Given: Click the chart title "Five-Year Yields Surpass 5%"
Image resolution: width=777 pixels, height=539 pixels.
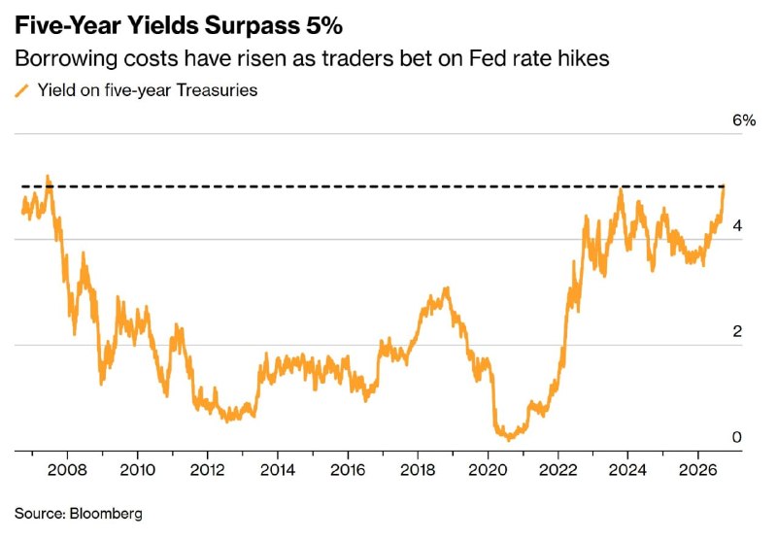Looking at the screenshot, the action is point(179,26).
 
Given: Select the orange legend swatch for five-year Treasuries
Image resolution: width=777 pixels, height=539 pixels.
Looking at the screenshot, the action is point(21,91).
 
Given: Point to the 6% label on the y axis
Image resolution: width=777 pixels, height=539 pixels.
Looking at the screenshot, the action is point(744,120).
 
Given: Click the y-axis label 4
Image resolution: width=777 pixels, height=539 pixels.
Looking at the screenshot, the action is point(737,226).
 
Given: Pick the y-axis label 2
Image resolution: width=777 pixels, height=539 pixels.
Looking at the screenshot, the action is point(737,331).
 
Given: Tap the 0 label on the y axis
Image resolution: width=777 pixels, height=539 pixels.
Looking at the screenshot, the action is point(737,437).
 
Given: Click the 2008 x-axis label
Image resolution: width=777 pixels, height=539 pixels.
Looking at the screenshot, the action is point(67,470).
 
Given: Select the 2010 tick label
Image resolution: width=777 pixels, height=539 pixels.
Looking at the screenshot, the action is point(137,470).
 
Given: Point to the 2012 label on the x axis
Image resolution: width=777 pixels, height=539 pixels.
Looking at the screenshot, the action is point(207,470).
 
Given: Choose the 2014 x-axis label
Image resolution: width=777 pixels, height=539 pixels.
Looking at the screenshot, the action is point(278,470).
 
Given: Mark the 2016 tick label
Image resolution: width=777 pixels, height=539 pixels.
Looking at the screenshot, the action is point(348,470).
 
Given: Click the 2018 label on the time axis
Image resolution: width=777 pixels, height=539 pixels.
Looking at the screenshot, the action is point(418,470).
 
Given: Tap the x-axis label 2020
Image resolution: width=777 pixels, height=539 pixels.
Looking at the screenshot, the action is point(488,470).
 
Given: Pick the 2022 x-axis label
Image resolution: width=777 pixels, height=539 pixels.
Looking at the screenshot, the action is point(557,470).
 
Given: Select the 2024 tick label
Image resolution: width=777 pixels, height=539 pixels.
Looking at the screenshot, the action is point(627,470).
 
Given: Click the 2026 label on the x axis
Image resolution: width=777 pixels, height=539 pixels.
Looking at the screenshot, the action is point(698,470).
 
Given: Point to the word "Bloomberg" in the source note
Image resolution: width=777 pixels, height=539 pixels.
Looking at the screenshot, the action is point(106,513).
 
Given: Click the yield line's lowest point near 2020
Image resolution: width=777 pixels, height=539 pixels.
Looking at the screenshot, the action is point(509,438).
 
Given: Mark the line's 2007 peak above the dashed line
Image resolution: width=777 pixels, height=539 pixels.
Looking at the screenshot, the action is point(48,177).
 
